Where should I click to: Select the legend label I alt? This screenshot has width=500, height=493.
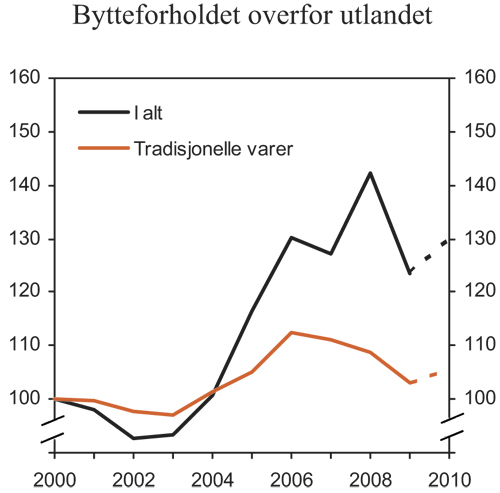151,112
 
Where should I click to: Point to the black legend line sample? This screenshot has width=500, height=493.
104,112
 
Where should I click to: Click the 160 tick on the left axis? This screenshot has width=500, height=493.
22,78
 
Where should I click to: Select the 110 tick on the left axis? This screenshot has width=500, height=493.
22,345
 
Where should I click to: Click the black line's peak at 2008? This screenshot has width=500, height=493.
370,173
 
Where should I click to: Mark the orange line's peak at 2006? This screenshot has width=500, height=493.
290,332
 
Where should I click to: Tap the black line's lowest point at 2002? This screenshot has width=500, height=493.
133,438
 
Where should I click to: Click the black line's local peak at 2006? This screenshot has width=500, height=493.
290,265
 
